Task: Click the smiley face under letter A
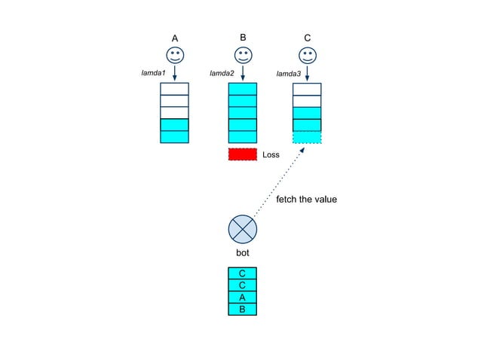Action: [x=174, y=55]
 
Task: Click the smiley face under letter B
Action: [x=243, y=55]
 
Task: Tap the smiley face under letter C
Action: [x=307, y=55]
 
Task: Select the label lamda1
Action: [x=153, y=73]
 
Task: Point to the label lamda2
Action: [x=222, y=73]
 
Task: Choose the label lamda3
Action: [x=288, y=74]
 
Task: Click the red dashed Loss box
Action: [x=243, y=154]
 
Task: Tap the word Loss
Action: [x=271, y=155]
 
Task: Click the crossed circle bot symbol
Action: [x=242, y=228]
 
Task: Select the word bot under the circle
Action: [x=242, y=253]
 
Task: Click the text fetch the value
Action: [x=307, y=200]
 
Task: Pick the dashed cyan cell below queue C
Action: [x=307, y=137]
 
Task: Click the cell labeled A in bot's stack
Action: [x=242, y=297]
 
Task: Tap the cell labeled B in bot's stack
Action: [x=242, y=309]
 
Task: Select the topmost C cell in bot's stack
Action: [x=242, y=273]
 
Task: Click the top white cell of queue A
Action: [x=174, y=89]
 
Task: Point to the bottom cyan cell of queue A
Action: [x=174, y=136]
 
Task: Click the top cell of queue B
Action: [x=243, y=89]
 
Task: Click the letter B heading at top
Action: [x=243, y=37]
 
